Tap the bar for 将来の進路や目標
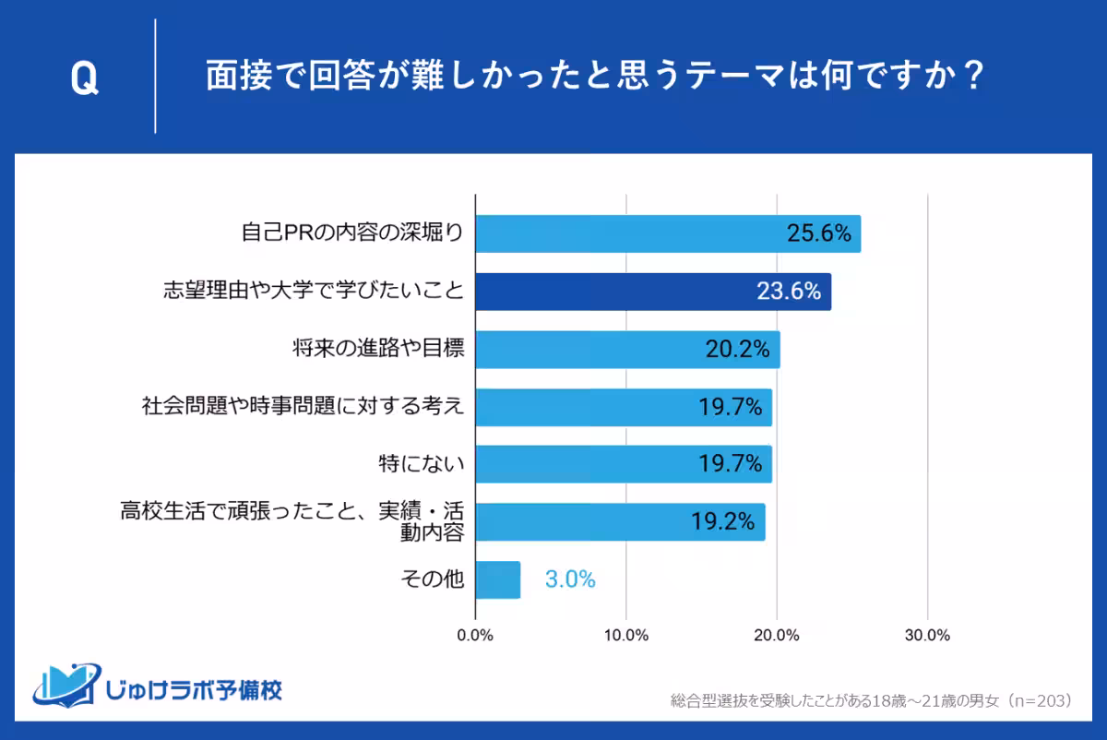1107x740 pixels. tap(627, 350)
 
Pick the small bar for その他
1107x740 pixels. tap(498, 579)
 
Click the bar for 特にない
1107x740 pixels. tap(623, 464)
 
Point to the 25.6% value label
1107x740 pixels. tap(818, 234)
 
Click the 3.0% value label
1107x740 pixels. tap(570, 580)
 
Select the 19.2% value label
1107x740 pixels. tap(723, 522)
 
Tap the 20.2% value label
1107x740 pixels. tap(738, 350)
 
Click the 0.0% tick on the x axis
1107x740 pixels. tap(475, 635)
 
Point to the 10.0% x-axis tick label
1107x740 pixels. tap(626, 635)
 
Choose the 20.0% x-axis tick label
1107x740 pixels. tap(777, 635)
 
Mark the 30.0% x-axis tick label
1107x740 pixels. tap(927, 635)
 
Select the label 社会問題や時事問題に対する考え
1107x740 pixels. tap(303, 407)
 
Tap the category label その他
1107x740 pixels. tap(432, 580)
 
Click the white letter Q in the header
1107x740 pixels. tap(83, 80)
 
